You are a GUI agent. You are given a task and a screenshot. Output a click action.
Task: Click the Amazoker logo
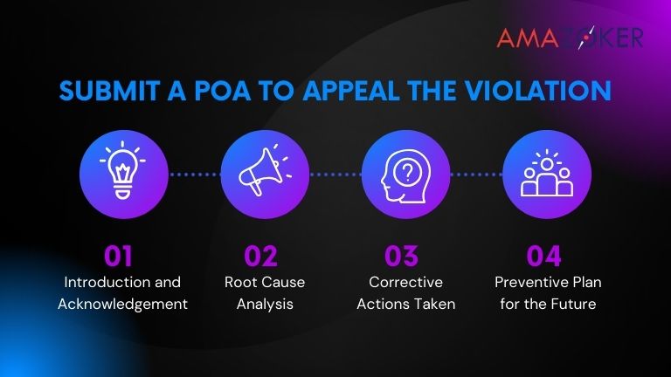point(571,38)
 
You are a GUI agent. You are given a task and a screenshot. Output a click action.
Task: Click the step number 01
point(118,256)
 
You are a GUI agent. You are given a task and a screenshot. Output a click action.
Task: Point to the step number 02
point(260,256)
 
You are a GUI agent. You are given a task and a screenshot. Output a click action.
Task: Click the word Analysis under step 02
point(260,305)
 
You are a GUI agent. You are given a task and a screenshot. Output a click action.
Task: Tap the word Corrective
point(405,283)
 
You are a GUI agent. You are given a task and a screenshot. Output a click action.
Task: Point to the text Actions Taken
point(405,305)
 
